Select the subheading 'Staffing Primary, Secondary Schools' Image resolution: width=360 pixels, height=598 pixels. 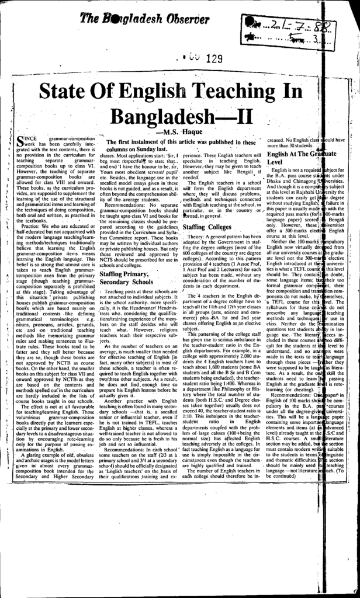tap(126, 277)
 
